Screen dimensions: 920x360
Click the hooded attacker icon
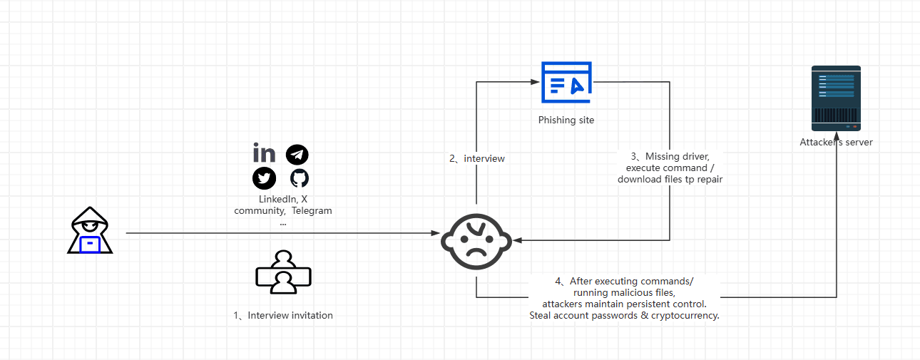90,230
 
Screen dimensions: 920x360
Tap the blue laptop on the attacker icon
90,245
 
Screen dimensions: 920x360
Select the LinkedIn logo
264,153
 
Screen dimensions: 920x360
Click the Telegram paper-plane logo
297,155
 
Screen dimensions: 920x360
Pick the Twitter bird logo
264,178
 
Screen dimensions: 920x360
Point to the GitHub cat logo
300,178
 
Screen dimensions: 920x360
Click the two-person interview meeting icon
283,272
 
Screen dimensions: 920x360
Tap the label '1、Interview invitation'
283,315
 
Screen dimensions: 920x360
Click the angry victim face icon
476,242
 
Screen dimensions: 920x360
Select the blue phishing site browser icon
566,82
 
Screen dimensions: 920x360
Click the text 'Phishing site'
566,120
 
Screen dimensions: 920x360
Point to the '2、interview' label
477,158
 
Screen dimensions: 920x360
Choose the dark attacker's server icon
836,98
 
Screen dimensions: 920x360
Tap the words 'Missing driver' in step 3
677,156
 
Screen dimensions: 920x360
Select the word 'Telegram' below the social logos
312,210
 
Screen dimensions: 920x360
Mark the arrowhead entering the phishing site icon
535,82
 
